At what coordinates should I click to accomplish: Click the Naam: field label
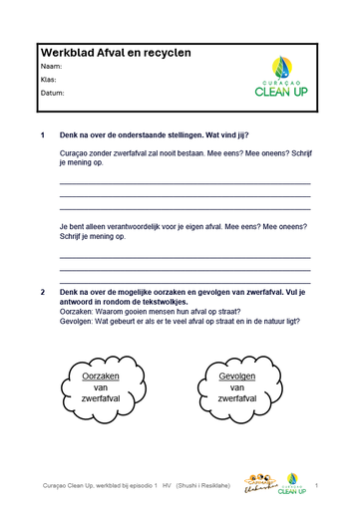tap(52, 66)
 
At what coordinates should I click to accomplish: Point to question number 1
tap(42, 133)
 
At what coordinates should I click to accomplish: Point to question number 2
tap(42, 291)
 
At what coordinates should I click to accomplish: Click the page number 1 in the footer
tap(316, 485)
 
